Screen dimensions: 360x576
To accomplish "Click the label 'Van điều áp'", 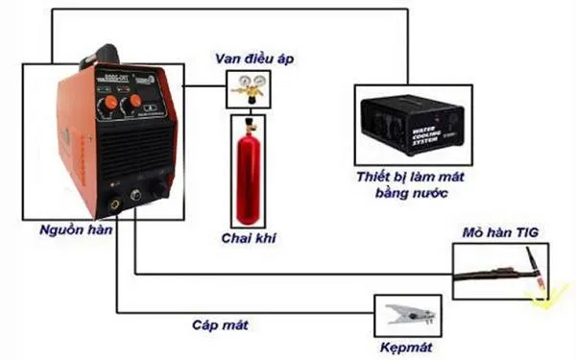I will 252,59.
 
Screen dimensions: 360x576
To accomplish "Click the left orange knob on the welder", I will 108,100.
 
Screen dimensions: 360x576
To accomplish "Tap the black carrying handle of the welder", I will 106,55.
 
